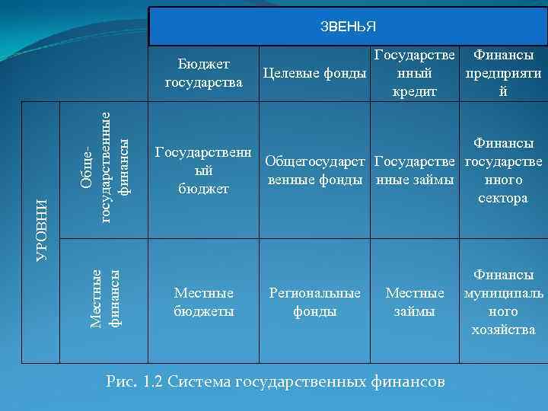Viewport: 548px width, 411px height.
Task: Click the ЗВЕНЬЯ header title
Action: (348, 27)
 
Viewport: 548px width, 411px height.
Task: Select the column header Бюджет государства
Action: (203, 72)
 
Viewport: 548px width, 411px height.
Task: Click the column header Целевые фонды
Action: (314, 73)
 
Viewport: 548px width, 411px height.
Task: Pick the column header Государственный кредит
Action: (415, 73)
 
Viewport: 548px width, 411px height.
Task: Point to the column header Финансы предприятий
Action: (502, 73)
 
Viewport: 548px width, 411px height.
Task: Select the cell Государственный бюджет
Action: (203, 170)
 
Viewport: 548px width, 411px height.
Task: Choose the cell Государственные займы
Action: (416, 170)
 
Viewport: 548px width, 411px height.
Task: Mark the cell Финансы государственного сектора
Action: (503, 170)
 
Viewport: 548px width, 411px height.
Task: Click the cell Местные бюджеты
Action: (203, 302)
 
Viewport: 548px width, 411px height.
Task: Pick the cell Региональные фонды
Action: (314, 302)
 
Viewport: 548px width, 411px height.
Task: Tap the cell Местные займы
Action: (416, 302)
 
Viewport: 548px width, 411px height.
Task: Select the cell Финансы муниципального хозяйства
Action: (503, 302)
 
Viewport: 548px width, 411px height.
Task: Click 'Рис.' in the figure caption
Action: (122, 381)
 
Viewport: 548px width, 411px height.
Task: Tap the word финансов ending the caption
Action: (409, 381)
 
